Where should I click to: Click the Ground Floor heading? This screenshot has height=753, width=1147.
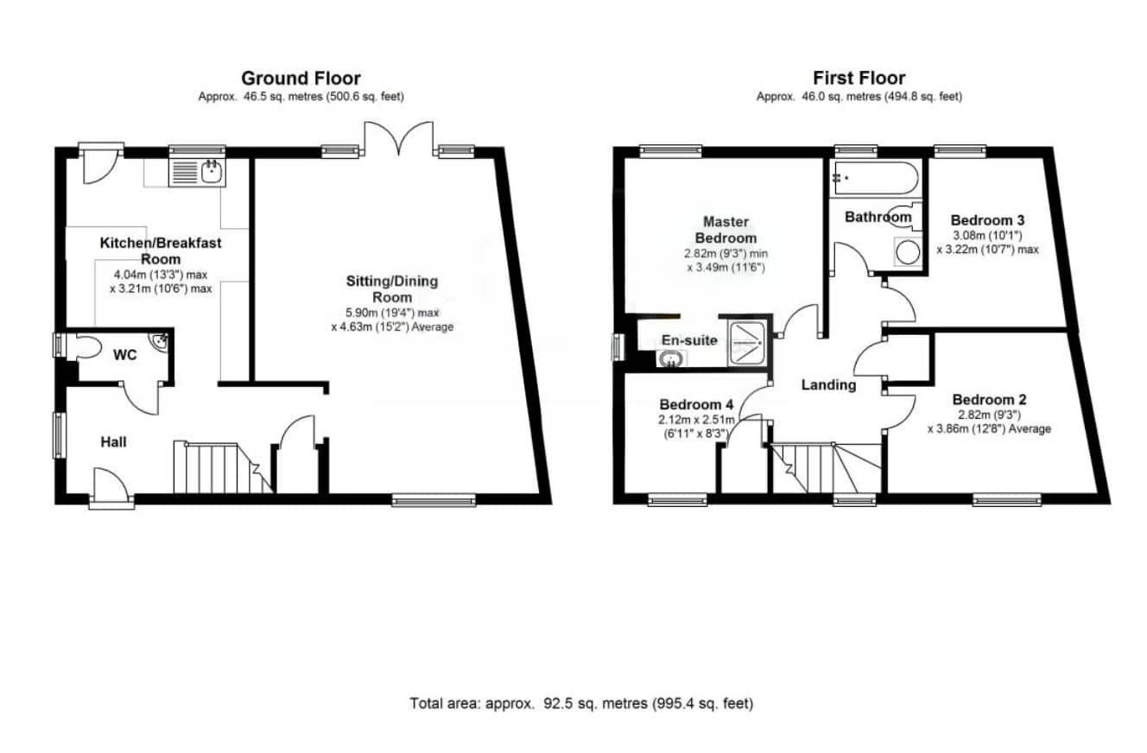(301, 79)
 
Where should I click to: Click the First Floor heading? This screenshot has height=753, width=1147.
(859, 79)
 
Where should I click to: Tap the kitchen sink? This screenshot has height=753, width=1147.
(197, 172)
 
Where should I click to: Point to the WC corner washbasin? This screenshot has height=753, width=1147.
(159, 341)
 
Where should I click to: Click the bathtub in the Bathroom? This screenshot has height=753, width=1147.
(876, 178)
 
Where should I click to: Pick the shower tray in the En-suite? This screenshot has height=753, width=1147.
(748, 343)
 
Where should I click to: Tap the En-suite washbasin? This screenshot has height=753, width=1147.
(671, 359)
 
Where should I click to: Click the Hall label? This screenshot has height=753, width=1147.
(113, 442)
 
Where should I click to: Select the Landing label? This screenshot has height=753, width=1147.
(828, 385)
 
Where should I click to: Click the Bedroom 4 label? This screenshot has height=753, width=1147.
(696, 404)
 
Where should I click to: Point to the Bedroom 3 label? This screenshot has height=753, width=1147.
(987, 220)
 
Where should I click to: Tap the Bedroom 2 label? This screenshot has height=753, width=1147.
(989, 399)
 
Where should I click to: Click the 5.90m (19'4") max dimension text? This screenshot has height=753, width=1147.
(392, 313)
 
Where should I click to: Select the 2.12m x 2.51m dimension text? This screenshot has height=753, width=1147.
(696, 421)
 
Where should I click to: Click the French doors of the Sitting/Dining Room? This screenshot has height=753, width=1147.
(398, 138)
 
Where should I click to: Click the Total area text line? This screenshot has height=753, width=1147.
(581, 704)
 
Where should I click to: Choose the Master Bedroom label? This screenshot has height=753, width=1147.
(726, 230)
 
